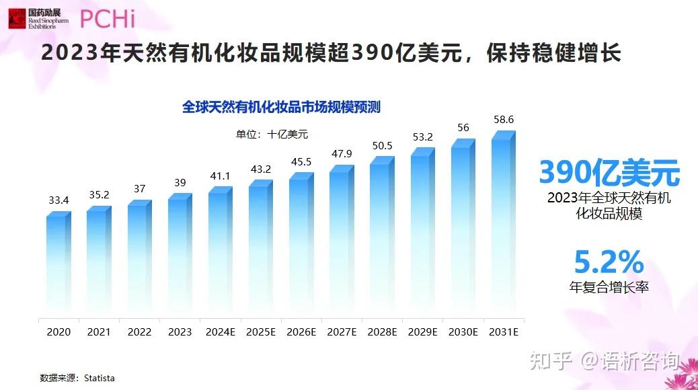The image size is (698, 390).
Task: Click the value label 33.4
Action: click(59, 200)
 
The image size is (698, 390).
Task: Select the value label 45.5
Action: click(301, 161)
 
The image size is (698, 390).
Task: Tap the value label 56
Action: click(463, 128)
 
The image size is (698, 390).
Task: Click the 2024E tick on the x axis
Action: click(220, 331)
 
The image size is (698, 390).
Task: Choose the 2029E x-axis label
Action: click(422, 331)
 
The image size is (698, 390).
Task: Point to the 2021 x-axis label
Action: click(99, 331)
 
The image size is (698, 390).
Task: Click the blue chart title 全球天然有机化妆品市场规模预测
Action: click(282, 106)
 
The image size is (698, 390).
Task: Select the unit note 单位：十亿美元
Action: click(272, 134)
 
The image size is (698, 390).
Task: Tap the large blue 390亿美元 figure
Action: click(609, 173)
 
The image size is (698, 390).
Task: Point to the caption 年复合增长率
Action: click(609, 287)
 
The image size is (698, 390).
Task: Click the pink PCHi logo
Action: click(108, 18)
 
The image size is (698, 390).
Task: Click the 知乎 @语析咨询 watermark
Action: click(604, 361)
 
